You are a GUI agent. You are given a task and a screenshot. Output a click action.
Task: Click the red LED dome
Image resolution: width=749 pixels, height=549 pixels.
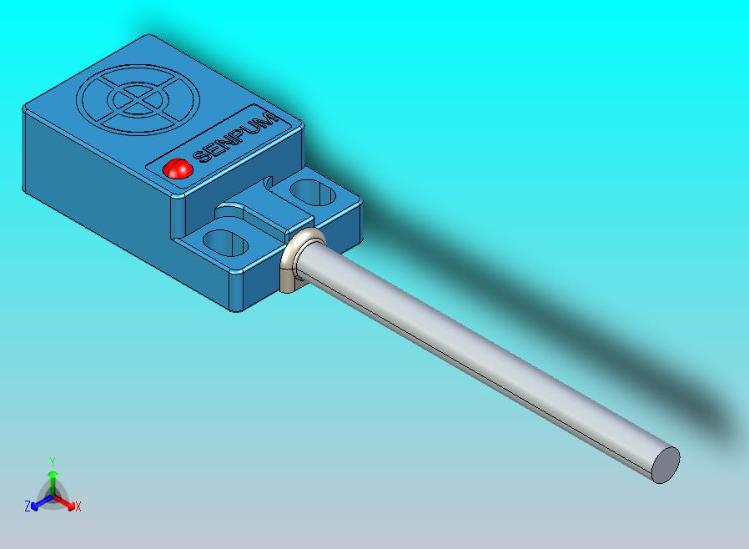point(177,169)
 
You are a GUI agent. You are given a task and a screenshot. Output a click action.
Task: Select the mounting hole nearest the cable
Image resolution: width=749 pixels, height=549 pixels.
point(225,242)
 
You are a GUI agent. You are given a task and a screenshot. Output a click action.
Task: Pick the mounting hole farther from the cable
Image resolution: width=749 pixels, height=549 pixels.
point(312,192)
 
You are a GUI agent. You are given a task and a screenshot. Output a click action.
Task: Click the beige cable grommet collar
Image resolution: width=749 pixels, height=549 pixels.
point(301,260)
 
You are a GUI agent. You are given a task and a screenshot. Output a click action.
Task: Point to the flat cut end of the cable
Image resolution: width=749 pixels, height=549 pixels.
point(666,465)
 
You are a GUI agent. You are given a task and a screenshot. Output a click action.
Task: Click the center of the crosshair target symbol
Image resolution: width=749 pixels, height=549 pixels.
point(138,100)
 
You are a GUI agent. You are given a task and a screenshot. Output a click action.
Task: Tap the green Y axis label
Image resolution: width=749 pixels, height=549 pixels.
point(53,461)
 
